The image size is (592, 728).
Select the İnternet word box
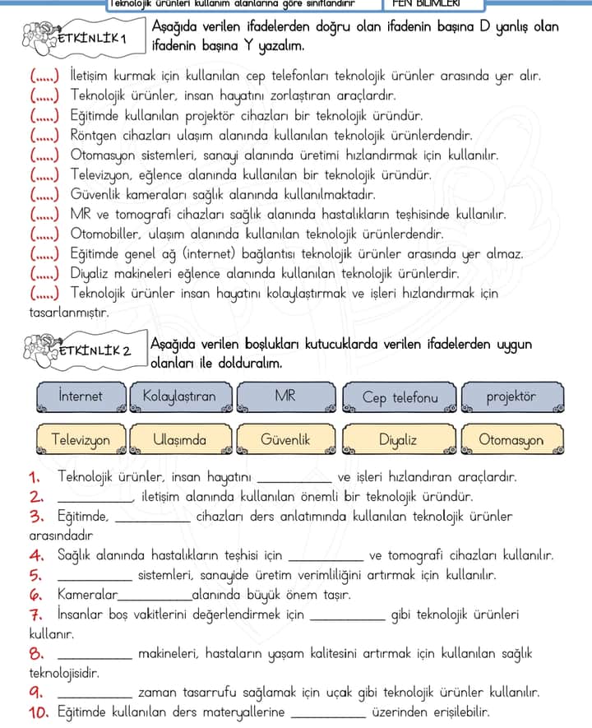point(81,396)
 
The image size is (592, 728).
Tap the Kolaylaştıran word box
point(179,396)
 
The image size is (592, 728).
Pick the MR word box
point(284,396)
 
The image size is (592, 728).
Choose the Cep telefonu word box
point(400,397)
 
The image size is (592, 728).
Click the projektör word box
point(511,396)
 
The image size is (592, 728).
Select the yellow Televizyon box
point(81,440)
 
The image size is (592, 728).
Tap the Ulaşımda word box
point(179,440)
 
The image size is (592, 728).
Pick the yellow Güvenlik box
point(284,440)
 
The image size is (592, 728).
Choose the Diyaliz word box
point(398,440)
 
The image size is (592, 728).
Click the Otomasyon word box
point(511,440)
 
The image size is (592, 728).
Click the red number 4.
point(35,555)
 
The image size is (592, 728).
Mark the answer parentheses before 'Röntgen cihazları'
point(44,135)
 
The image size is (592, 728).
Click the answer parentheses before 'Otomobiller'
point(44,234)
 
